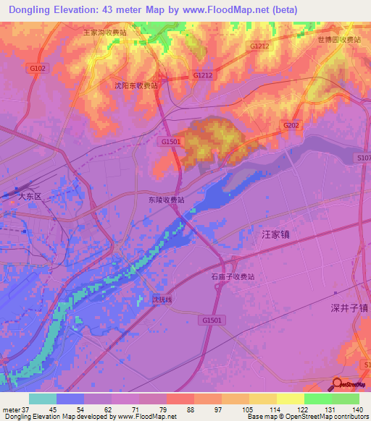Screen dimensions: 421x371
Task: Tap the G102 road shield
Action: pyautogui.click(x=38, y=68)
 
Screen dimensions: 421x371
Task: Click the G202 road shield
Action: pyautogui.click(x=291, y=125)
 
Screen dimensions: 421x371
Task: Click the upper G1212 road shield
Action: pyautogui.click(x=259, y=46)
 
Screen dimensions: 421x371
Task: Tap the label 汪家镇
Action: pyautogui.click(x=275, y=234)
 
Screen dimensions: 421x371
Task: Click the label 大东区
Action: pyautogui.click(x=32, y=196)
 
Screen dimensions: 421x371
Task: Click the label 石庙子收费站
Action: pyautogui.click(x=238, y=276)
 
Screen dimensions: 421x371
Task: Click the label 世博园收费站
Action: pyautogui.click(x=339, y=40)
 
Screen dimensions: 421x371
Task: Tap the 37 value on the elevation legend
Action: pyautogui.click(x=25, y=409)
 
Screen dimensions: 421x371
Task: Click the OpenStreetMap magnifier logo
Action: pyautogui.click(x=338, y=384)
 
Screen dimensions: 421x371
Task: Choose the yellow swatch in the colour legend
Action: pyautogui.click(x=290, y=399)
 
